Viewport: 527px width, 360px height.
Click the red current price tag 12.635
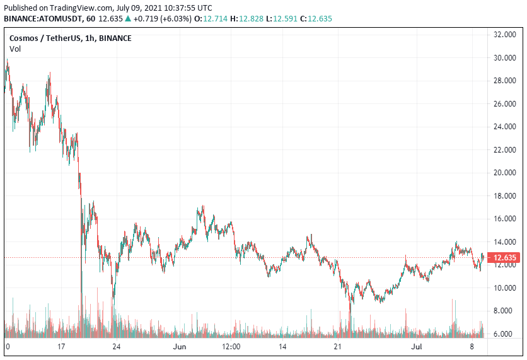(505, 257)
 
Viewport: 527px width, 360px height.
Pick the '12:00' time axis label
(231, 347)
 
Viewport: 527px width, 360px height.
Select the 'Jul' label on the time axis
(416, 347)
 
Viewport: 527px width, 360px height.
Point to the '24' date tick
(117, 347)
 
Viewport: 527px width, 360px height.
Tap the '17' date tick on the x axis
(61, 347)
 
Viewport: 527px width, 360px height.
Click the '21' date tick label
(337, 347)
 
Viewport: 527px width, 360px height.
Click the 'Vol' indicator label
(14, 49)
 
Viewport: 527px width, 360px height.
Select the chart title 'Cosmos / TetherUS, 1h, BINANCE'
(70, 38)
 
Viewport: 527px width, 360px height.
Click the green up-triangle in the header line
(128, 18)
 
